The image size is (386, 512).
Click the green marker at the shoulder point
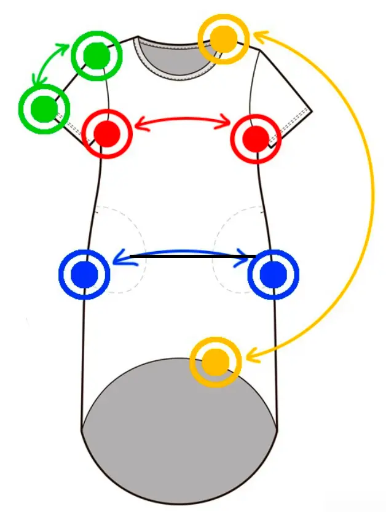point(96,56)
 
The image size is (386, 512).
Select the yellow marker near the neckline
point(225,38)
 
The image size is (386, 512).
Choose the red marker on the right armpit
point(255,138)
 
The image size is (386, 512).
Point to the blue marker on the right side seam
point(272,274)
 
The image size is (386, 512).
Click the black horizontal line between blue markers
point(191,255)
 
